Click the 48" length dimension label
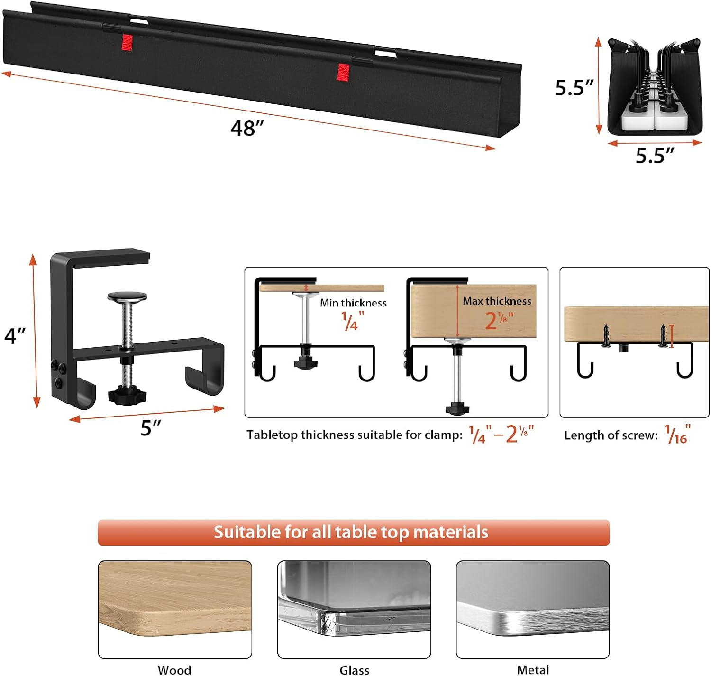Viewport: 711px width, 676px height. (x=247, y=128)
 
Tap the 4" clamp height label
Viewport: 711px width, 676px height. (x=14, y=335)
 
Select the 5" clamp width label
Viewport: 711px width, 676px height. (x=151, y=428)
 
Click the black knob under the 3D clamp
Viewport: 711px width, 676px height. (x=127, y=395)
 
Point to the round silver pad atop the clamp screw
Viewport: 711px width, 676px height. (x=127, y=297)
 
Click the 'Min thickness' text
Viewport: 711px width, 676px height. (x=353, y=303)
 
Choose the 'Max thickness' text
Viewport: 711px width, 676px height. (x=497, y=301)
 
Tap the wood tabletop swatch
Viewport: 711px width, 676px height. (x=175, y=610)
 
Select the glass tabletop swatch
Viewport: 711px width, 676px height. (x=354, y=610)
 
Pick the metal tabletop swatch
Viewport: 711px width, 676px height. (x=533, y=610)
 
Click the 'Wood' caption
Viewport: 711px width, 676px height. (x=175, y=670)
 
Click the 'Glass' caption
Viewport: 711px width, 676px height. (x=354, y=670)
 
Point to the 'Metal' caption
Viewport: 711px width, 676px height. (x=533, y=670)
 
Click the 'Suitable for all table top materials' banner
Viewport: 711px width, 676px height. (x=353, y=532)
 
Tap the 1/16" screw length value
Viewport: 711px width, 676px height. (x=678, y=435)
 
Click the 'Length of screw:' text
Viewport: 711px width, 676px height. (x=611, y=435)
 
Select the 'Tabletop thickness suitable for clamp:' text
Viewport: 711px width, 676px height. (x=354, y=435)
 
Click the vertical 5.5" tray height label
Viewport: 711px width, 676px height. (x=574, y=88)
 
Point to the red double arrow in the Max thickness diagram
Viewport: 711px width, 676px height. (x=457, y=311)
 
